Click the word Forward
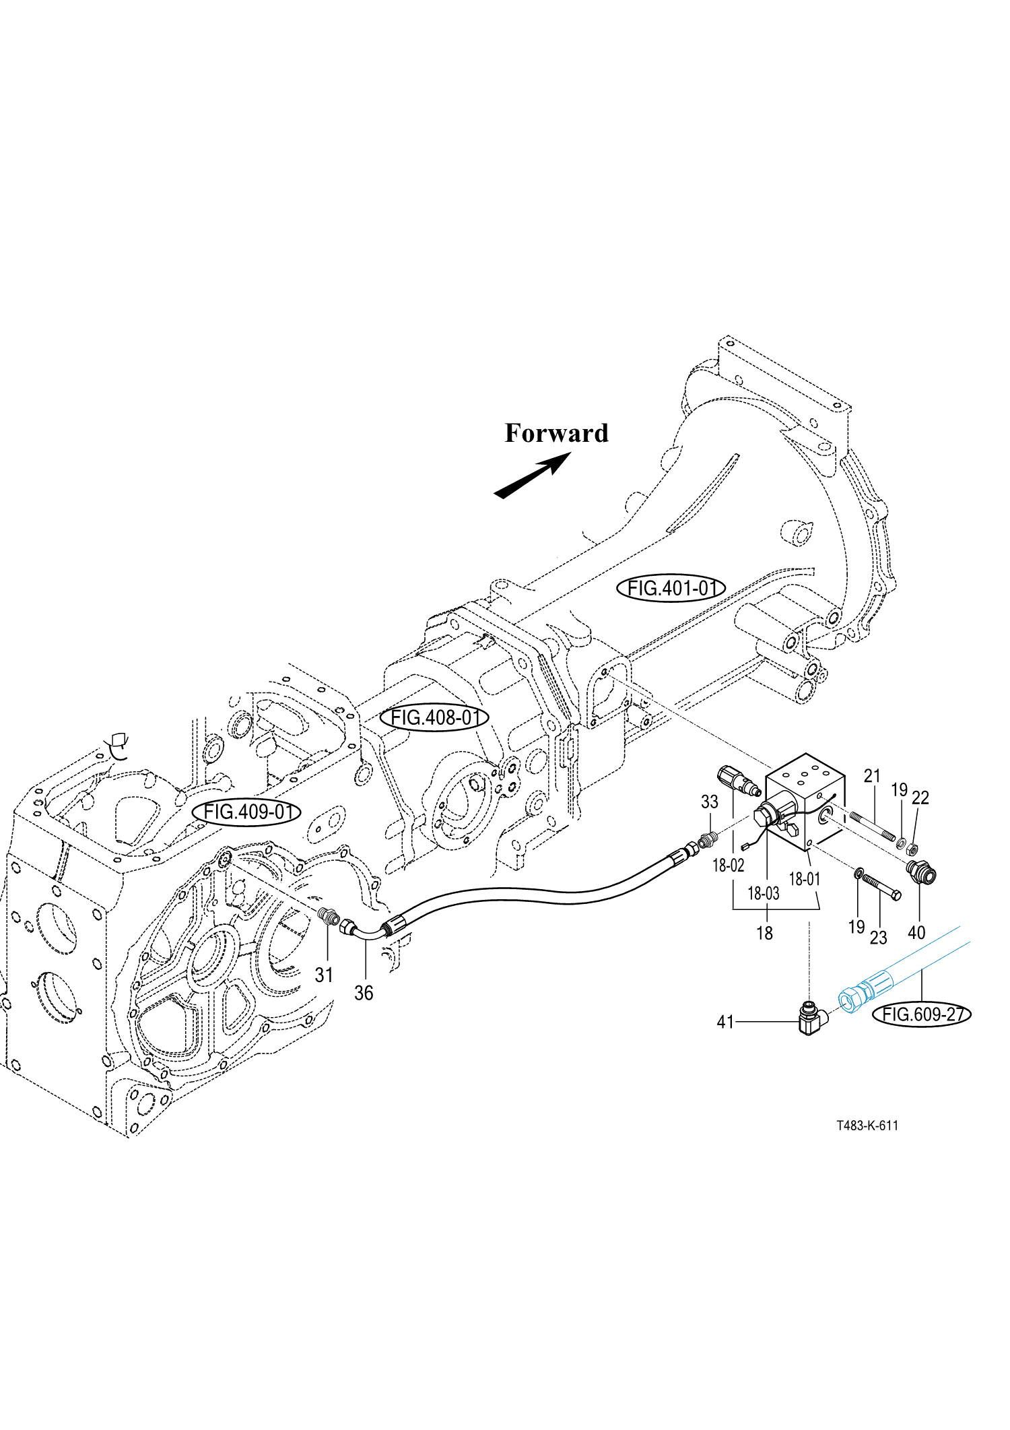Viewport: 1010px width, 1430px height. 556,433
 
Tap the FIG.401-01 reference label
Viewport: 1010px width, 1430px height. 671,588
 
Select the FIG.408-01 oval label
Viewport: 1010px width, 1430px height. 434,718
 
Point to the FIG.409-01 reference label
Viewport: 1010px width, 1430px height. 247,812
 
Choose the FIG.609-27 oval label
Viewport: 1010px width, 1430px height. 922,1014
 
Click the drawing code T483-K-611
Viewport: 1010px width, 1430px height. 867,1126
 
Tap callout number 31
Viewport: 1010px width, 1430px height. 324,975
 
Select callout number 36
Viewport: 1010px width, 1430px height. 364,993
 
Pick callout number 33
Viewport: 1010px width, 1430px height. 710,802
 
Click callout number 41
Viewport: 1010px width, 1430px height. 725,1022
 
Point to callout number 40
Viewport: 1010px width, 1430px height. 916,933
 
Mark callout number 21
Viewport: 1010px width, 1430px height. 872,777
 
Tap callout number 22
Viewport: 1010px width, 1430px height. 920,798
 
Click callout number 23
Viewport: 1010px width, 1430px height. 879,937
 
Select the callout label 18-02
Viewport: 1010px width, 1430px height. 728,866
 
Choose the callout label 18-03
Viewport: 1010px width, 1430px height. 764,893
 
